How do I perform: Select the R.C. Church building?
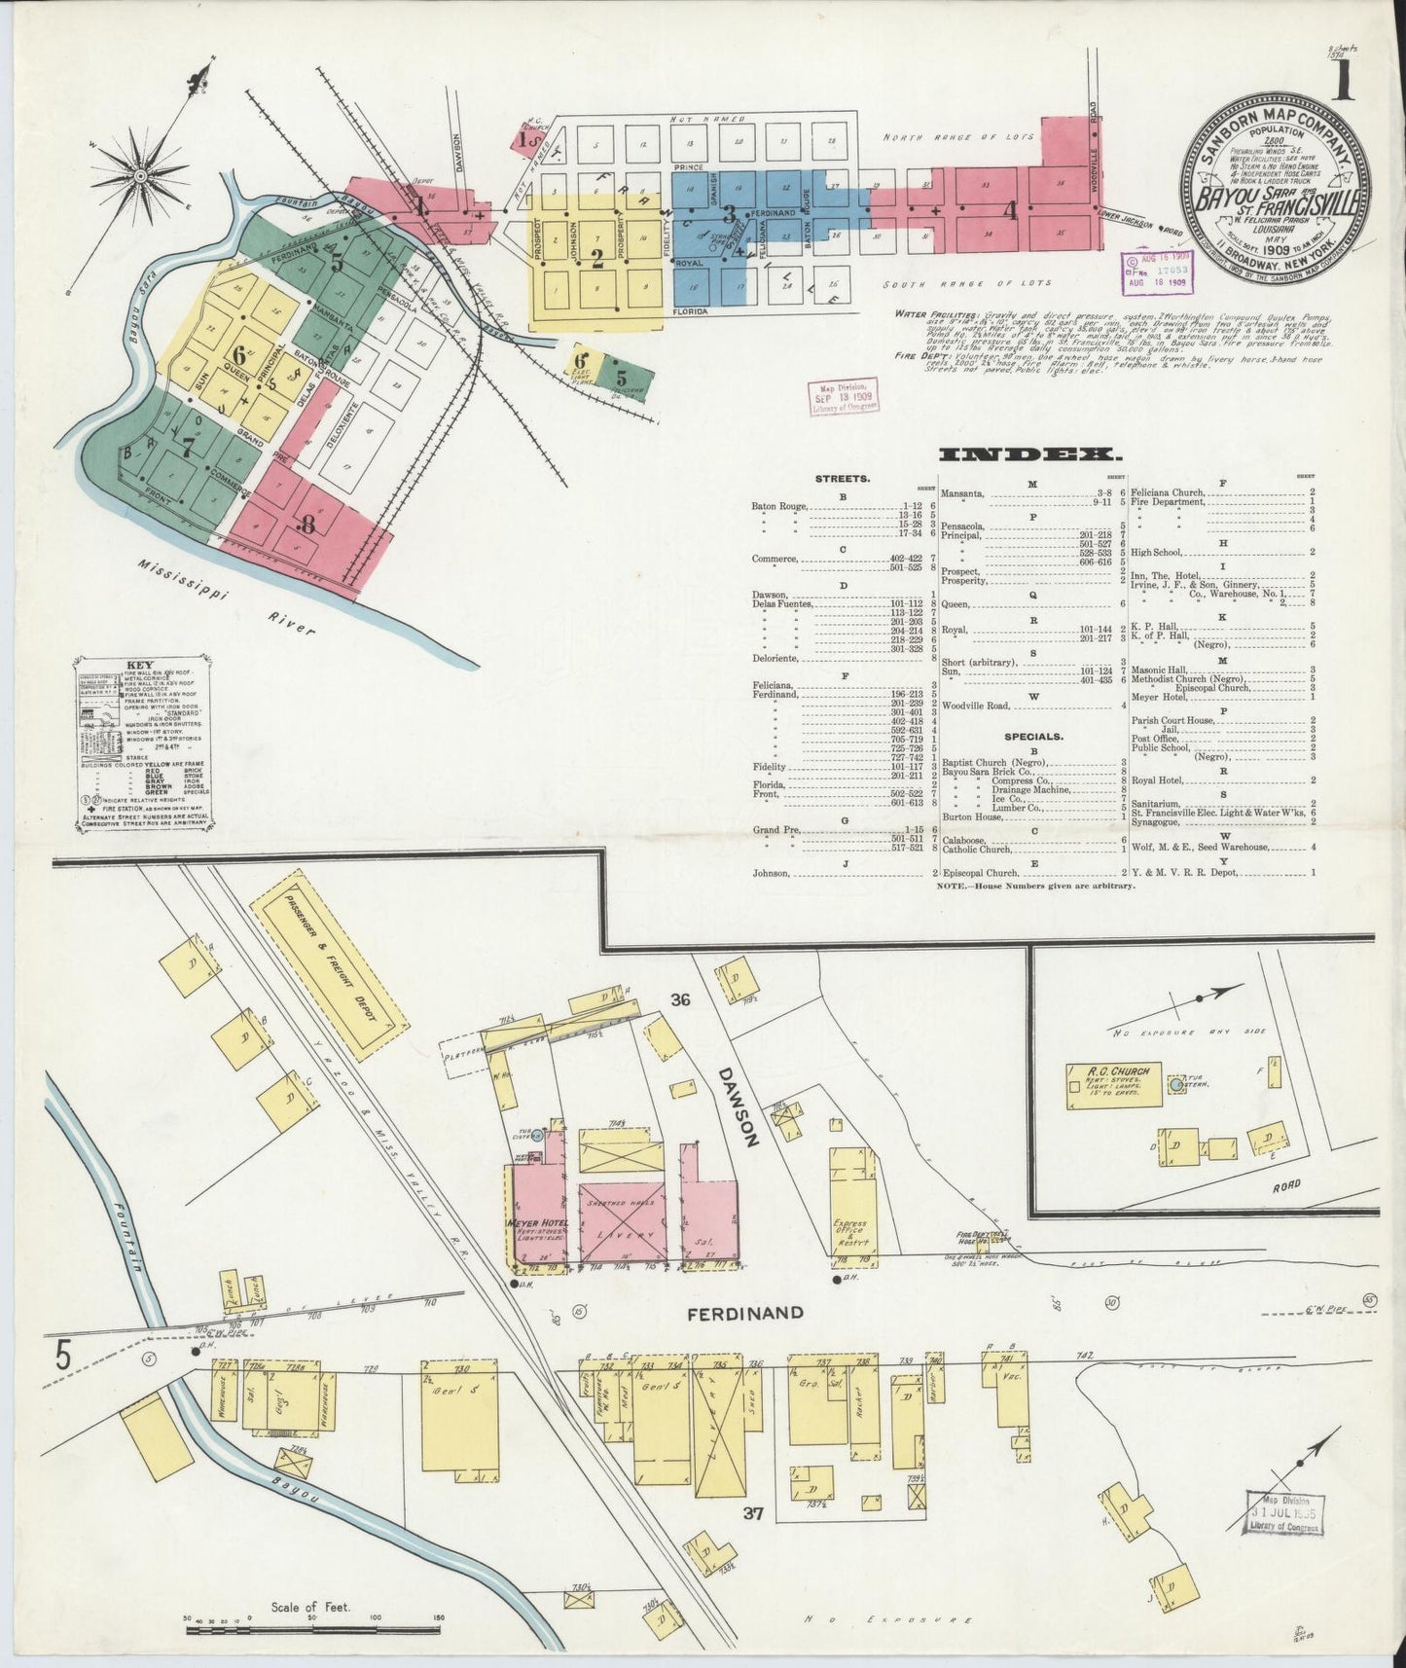pos(1115,1083)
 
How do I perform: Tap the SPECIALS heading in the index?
pos(1031,737)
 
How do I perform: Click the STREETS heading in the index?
pos(843,479)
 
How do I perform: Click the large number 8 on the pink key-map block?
pos(308,526)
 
